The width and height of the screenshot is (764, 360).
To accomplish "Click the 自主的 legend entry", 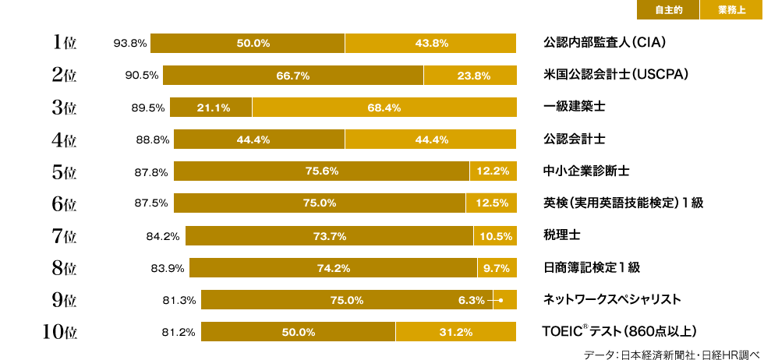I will click(668, 10).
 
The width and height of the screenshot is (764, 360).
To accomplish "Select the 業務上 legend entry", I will click(731, 10).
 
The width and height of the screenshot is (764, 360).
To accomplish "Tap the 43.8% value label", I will click(431, 44).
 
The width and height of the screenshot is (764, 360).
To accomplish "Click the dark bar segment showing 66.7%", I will click(293, 76).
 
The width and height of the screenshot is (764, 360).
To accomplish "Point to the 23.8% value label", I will click(474, 76).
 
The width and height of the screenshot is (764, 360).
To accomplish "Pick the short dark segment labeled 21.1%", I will click(212, 108).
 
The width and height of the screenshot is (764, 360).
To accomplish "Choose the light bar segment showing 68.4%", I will click(384, 108).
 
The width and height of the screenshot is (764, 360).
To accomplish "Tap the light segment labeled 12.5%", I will click(491, 203).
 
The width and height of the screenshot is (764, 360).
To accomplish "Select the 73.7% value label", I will click(329, 236).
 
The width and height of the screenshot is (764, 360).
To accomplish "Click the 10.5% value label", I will click(495, 236).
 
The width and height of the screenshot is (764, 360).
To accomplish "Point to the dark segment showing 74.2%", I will click(333, 269).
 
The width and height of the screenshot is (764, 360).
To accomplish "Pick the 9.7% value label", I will click(497, 269).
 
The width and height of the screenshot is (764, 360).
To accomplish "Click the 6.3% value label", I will click(471, 300).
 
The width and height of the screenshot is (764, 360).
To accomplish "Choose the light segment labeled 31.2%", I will click(455, 332).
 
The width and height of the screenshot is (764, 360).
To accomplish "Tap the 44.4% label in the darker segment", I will click(253, 140).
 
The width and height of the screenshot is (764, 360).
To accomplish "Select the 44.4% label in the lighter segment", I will click(432, 140).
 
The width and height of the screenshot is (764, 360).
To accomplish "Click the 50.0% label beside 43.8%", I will click(253, 44).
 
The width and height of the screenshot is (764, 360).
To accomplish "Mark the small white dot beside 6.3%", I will click(501, 300).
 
